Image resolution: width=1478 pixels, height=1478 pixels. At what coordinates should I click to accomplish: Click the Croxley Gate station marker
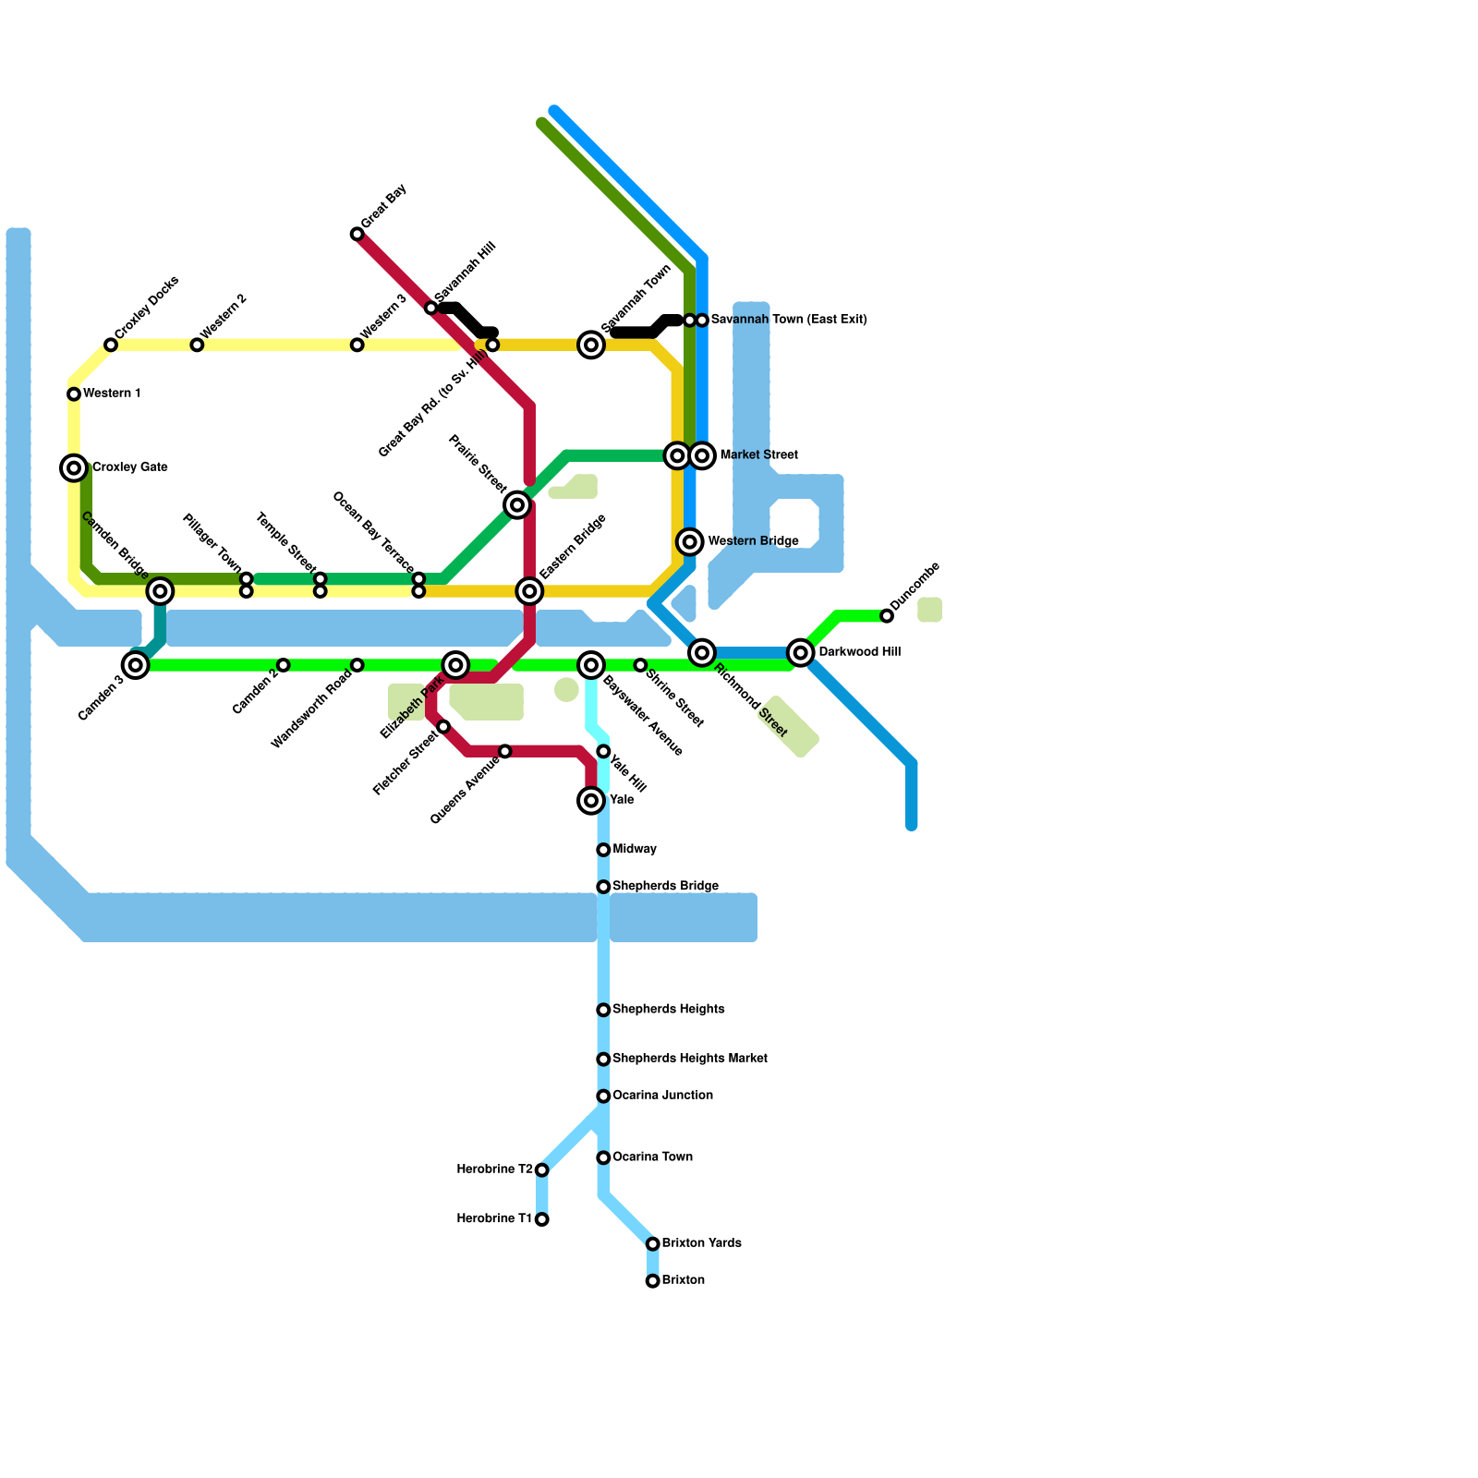pyautogui.click(x=74, y=468)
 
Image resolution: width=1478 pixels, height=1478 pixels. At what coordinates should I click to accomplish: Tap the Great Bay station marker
pyautogui.click(x=357, y=235)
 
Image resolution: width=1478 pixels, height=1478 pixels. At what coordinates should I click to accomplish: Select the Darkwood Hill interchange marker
pyautogui.click(x=801, y=653)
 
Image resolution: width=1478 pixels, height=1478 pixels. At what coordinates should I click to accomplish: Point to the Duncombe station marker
pyautogui.click(x=887, y=616)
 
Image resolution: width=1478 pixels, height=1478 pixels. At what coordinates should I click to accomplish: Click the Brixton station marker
pyautogui.click(x=653, y=1281)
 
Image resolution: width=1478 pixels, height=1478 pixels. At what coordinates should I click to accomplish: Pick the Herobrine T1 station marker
pyautogui.click(x=542, y=1219)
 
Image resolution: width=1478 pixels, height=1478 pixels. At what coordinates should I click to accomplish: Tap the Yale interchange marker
pyautogui.click(x=591, y=801)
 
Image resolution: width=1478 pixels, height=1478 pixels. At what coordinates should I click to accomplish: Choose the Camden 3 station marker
pyautogui.click(x=136, y=665)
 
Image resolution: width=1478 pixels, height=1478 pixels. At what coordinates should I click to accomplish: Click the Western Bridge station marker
pyautogui.click(x=690, y=542)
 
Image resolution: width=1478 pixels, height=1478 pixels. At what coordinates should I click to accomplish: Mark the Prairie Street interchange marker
pyautogui.click(x=517, y=505)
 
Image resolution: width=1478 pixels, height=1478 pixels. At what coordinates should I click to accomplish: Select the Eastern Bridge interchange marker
pyautogui.click(x=529, y=591)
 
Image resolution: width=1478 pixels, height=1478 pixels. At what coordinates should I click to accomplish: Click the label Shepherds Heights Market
pyautogui.click(x=690, y=1059)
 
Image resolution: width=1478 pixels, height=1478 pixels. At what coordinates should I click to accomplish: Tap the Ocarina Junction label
pyautogui.click(x=662, y=1096)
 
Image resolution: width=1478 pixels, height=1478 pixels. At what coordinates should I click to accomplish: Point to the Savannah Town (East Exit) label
pyautogui.click(x=789, y=320)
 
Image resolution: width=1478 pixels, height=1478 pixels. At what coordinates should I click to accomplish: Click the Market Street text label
pyautogui.click(x=758, y=455)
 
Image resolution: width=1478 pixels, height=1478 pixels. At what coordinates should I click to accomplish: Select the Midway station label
pyautogui.click(x=635, y=849)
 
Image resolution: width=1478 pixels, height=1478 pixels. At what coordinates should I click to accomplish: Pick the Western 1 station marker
pyautogui.click(x=74, y=394)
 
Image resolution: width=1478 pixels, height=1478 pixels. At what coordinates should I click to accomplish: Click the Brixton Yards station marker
pyautogui.click(x=653, y=1244)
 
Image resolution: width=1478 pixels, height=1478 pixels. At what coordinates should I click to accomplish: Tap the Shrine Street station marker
pyautogui.click(x=640, y=665)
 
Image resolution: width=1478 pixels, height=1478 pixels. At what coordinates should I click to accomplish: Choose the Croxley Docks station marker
pyautogui.click(x=111, y=345)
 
